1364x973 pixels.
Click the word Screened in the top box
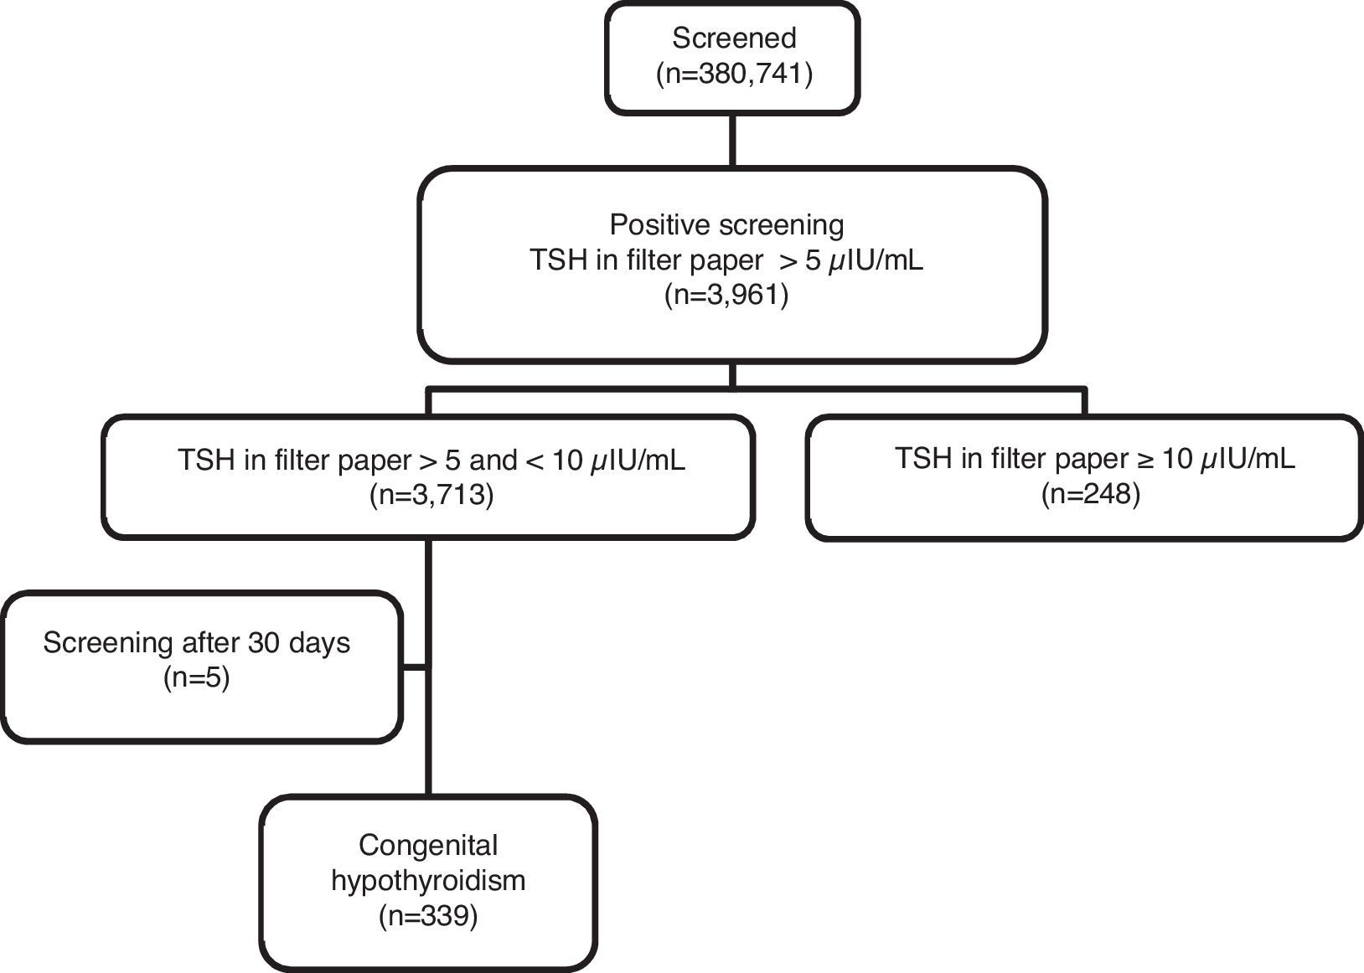pos(733,39)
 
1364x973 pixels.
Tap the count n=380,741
pos(733,75)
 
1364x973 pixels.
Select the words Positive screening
pos(726,225)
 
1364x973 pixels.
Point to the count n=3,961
pos(726,296)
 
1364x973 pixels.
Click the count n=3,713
pos(431,495)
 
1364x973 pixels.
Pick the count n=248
pos(1090,493)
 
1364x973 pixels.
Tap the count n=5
pos(196,677)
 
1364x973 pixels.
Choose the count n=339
pos(428,916)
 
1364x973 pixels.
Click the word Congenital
pos(428,846)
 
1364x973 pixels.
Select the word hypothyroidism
pos(428,881)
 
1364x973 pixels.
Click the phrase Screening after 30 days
pos(196,643)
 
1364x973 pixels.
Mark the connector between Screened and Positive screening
pos(733,140)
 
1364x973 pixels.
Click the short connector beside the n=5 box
pos(414,667)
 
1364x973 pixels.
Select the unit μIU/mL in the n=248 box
pos(1248,459)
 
